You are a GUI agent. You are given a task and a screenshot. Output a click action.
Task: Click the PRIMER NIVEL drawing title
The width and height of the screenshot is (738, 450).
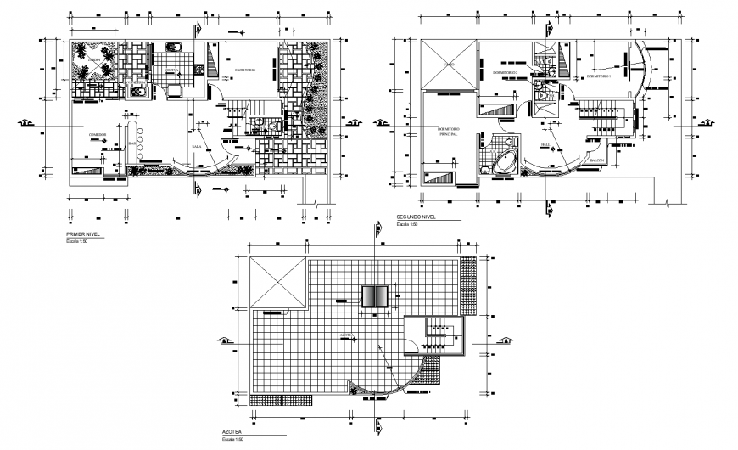pos(82,233)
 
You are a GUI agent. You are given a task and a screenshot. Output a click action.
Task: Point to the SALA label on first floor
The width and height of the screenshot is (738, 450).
pos(197,146)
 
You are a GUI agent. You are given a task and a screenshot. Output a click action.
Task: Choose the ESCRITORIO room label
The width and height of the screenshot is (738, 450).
pos(246,69)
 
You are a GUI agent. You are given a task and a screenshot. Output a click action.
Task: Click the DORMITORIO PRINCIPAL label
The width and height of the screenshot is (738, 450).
pos(448,132)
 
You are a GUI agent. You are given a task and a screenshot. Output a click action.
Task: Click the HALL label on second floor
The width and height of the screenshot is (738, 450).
pos(545,144)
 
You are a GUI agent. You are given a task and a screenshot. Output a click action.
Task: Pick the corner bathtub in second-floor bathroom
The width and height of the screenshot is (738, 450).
pos(503,162)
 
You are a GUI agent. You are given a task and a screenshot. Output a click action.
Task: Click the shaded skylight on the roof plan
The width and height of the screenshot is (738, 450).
pos(374,295)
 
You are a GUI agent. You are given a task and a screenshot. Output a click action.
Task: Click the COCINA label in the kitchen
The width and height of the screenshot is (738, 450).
pos(170,71)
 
